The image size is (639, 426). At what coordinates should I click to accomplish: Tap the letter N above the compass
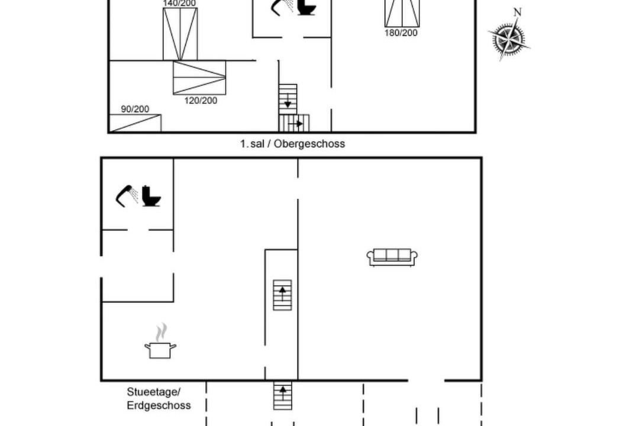tap(517, 12)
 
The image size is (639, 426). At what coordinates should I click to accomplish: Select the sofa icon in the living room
tap(392, 257)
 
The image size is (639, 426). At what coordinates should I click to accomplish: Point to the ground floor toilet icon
tap(151, 196)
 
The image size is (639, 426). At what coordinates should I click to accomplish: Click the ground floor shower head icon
tap(127, 196)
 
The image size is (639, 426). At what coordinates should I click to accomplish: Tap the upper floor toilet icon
tap(306, 7)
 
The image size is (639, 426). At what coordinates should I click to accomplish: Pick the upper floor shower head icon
tap(282, 7)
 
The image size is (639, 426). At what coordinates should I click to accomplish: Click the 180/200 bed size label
tap(401, 33)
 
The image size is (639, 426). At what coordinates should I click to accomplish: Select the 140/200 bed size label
tap(179, 4)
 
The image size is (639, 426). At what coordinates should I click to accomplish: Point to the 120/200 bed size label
tap(201, 101)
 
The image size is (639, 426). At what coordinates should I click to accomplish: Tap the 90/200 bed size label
tap(135, 109)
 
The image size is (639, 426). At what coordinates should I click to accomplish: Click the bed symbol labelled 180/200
tap(402, 14)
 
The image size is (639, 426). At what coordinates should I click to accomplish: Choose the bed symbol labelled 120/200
tap(199, 78)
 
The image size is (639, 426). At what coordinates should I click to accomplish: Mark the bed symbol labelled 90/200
tap(135, 123)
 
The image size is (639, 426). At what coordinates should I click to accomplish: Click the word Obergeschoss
tap(309, 144)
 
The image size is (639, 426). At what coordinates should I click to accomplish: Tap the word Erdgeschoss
tap(159, 406)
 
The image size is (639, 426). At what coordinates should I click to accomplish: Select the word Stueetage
tap(153, 392)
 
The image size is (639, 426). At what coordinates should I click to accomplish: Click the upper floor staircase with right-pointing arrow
tap(294, 123)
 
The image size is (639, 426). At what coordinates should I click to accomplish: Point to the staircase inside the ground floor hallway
tap(282, 295)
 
